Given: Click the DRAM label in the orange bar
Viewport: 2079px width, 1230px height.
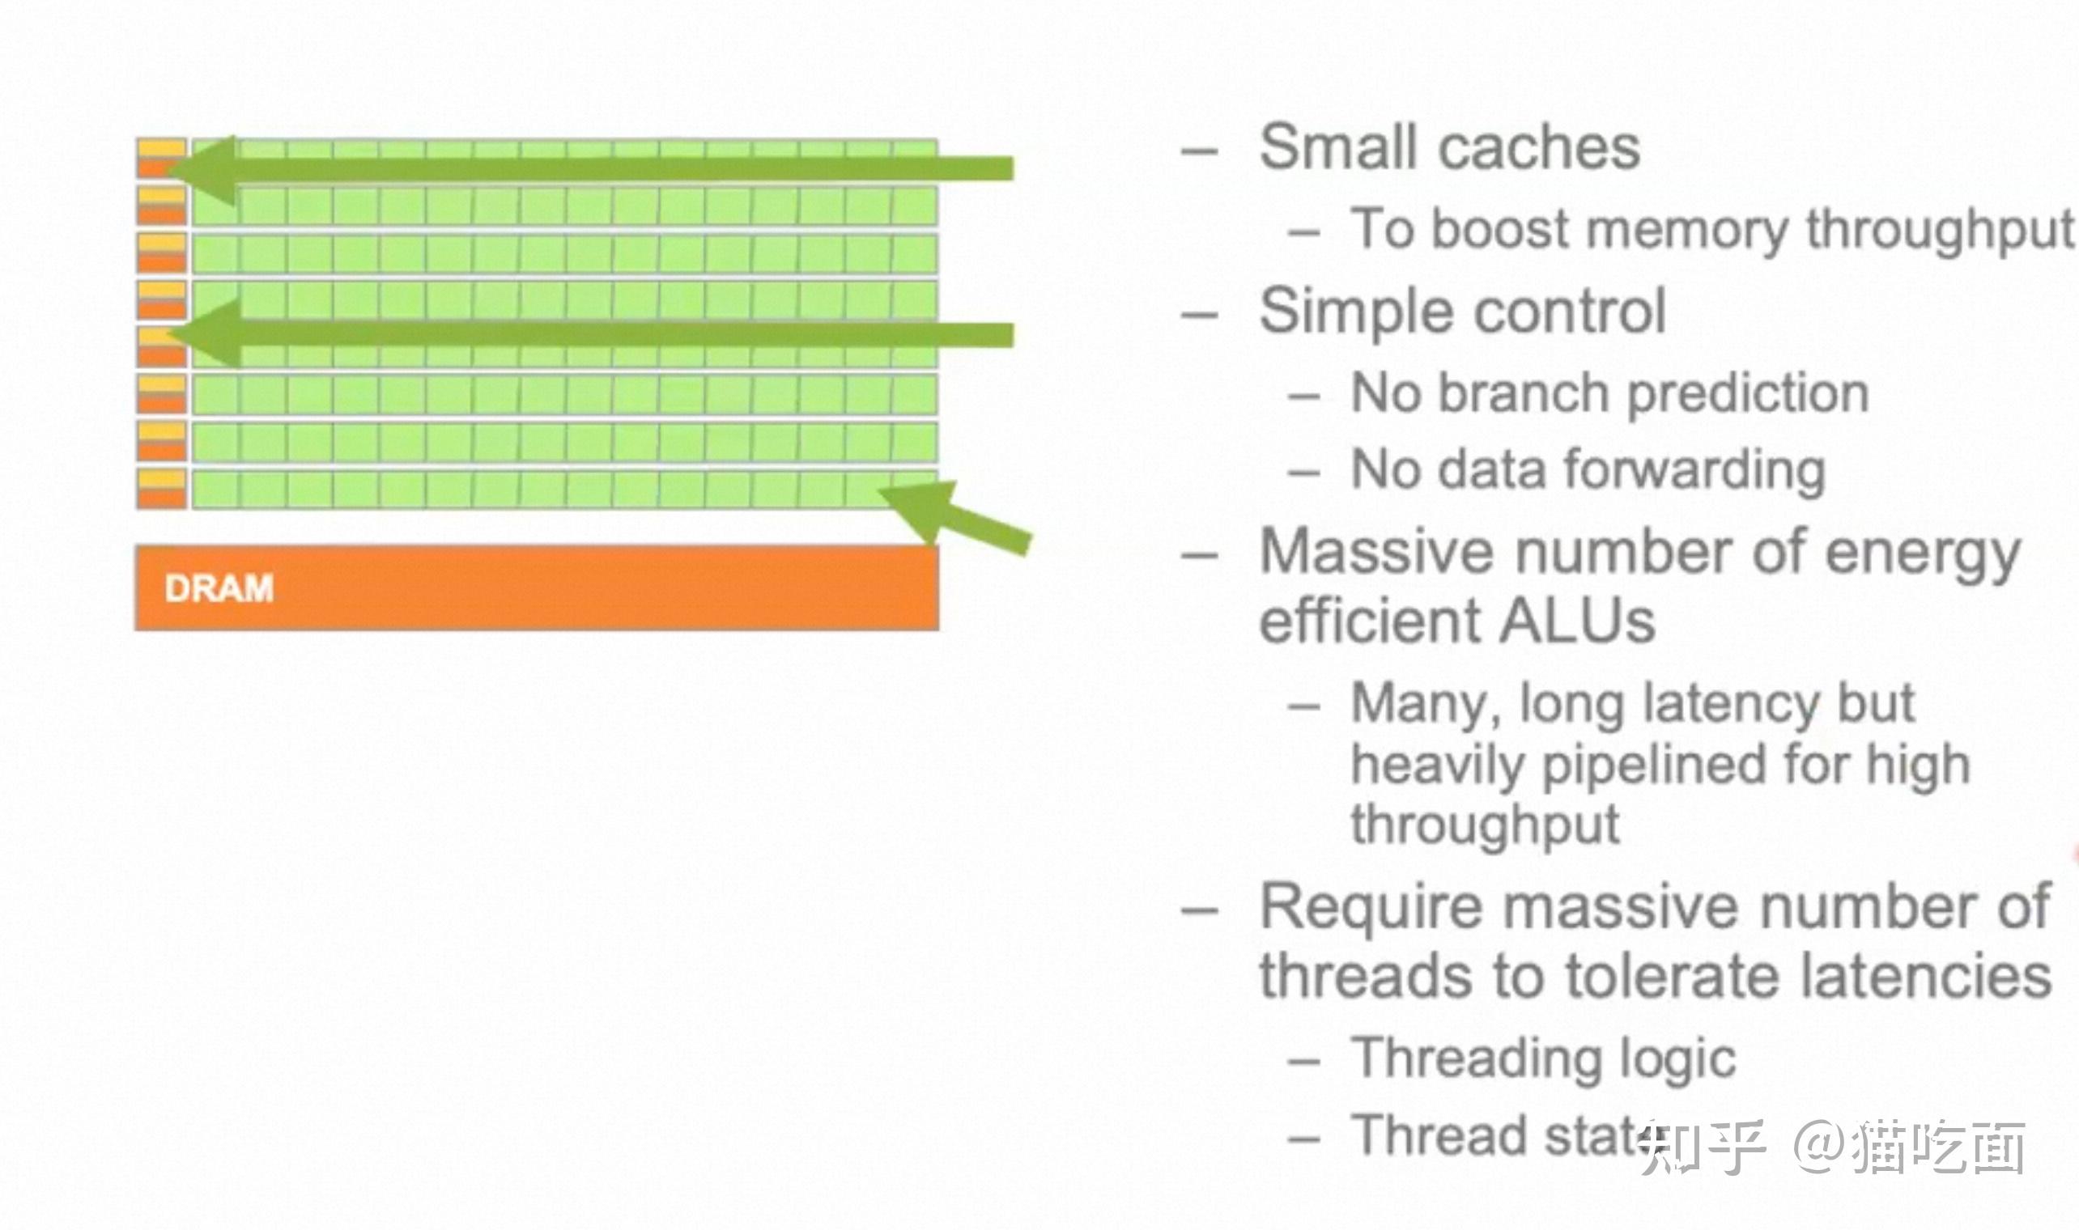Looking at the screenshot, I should tap(219, 588).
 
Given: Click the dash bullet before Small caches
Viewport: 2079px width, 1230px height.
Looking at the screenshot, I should tap(1199, 152).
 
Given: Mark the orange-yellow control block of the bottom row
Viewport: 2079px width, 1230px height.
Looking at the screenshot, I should tap(162, 488).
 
